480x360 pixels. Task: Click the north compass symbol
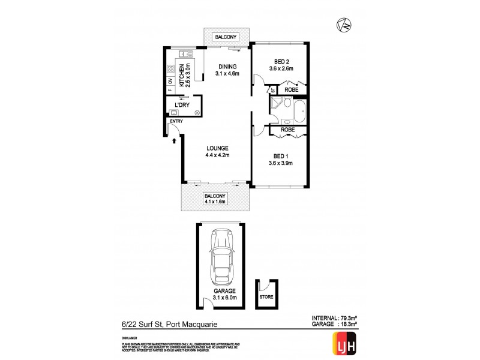coord(344,25)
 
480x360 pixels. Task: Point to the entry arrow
coord(174,142)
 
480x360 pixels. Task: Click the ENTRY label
coord(176,122)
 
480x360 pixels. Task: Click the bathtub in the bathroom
coord(298,112)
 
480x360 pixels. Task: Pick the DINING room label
coord(227,67)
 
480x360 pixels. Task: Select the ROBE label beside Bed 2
coord(291,90)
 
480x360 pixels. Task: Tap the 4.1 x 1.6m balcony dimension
coord(215,202)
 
